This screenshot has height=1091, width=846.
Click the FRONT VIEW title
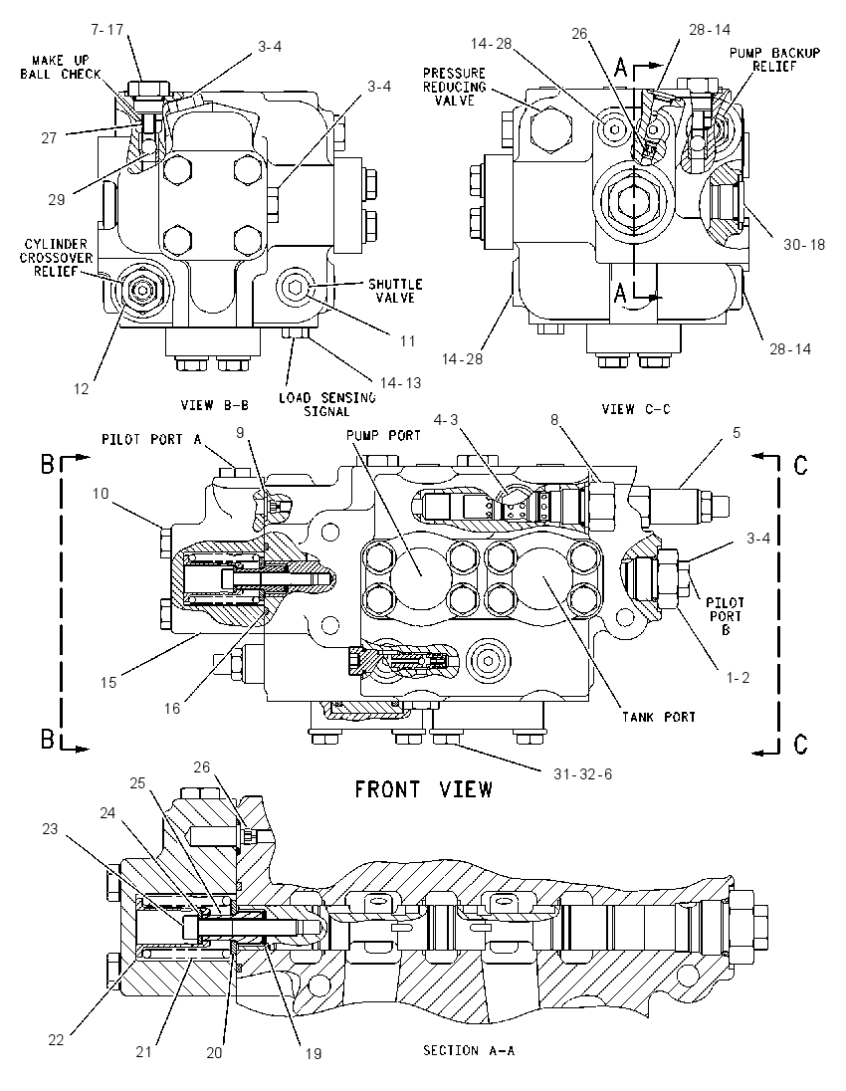(x=423, y=789)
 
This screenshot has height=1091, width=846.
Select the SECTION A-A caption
(x=469, y=1050)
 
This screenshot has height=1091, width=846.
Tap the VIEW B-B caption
(x=214, y=405)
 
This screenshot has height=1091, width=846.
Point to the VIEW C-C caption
(x=636, y=409)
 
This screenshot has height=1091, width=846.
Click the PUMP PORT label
(x=383, y=436)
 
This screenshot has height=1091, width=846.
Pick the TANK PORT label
(x=659, y=717)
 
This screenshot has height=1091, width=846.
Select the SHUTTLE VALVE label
(x=395, y=291)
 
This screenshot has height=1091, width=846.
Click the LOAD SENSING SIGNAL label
(x=327, y=404)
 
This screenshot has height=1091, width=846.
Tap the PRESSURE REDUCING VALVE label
(x=454, y=87)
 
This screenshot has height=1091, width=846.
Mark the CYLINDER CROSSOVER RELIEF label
(x=57, y=258)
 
